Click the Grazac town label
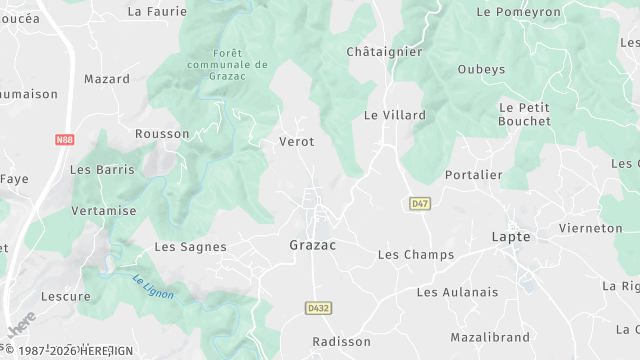[x=312, y=245]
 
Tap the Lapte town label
[x=511, y=237]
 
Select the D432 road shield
[x=319, y=307]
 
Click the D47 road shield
[x=420, y=204]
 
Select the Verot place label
[x=296, y=142]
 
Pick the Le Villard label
[x=394, y=115]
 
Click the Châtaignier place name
[x=384, y=51]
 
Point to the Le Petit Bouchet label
[x=524, y=114]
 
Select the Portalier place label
[x=474, y=175]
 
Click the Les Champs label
[x=416, y=255]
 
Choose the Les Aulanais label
[x=457, y=292]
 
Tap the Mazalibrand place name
[x=489, y=338]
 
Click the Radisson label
[x=341, y=342]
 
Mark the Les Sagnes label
[x=190, y=247]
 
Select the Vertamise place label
[x=104, y=212]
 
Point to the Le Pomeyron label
[x=519, y=12]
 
